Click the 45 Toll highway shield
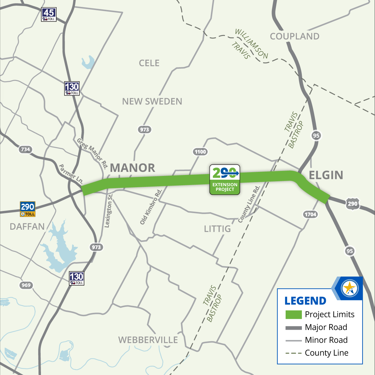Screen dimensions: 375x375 point(49,14)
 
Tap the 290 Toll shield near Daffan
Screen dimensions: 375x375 point(27,209)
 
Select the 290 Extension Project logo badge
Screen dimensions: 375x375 point(225,180)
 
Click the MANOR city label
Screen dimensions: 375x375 point(132,168)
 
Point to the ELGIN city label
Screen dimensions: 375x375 point(326,175)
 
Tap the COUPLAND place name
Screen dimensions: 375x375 point(295,37)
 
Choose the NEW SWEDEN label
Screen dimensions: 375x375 point(152,102)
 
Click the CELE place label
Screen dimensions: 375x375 point(149,63)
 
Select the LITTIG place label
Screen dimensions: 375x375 point(217,229)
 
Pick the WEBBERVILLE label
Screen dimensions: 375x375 point(148,340)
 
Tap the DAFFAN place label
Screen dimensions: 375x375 point(27,227)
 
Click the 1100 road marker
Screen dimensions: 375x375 point(200,152)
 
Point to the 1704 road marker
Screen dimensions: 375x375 point(310,214)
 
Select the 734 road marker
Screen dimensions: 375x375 point(25,149)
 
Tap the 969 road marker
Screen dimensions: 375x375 point(26,285)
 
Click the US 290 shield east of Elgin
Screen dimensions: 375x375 point(352,204)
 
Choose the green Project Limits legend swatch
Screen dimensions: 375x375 point(293,314)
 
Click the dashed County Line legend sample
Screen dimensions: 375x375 point(293,353)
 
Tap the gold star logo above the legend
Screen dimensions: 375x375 point(349,288)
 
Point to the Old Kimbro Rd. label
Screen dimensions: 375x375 point(151,207)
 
